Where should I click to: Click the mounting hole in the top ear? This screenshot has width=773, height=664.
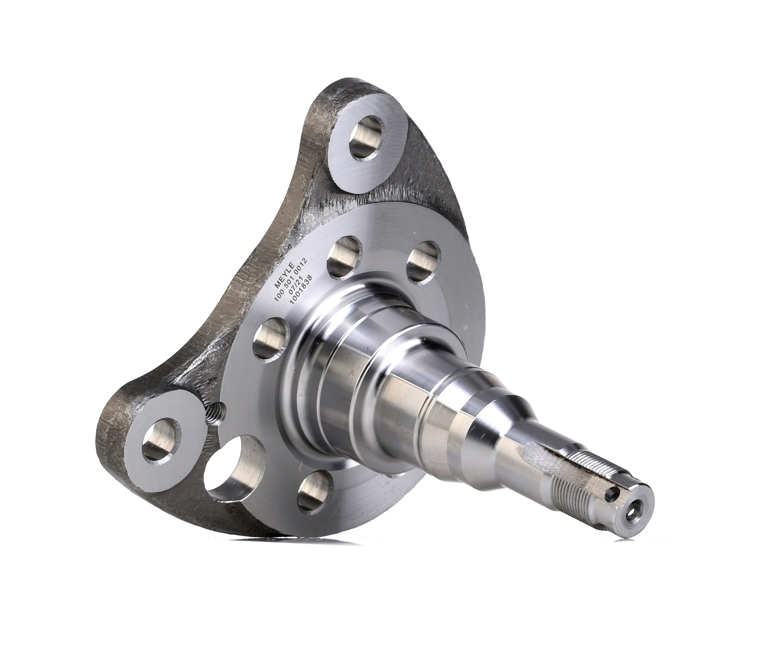pos(368,136)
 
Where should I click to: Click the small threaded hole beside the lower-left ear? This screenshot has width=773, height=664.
pos(217,413)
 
